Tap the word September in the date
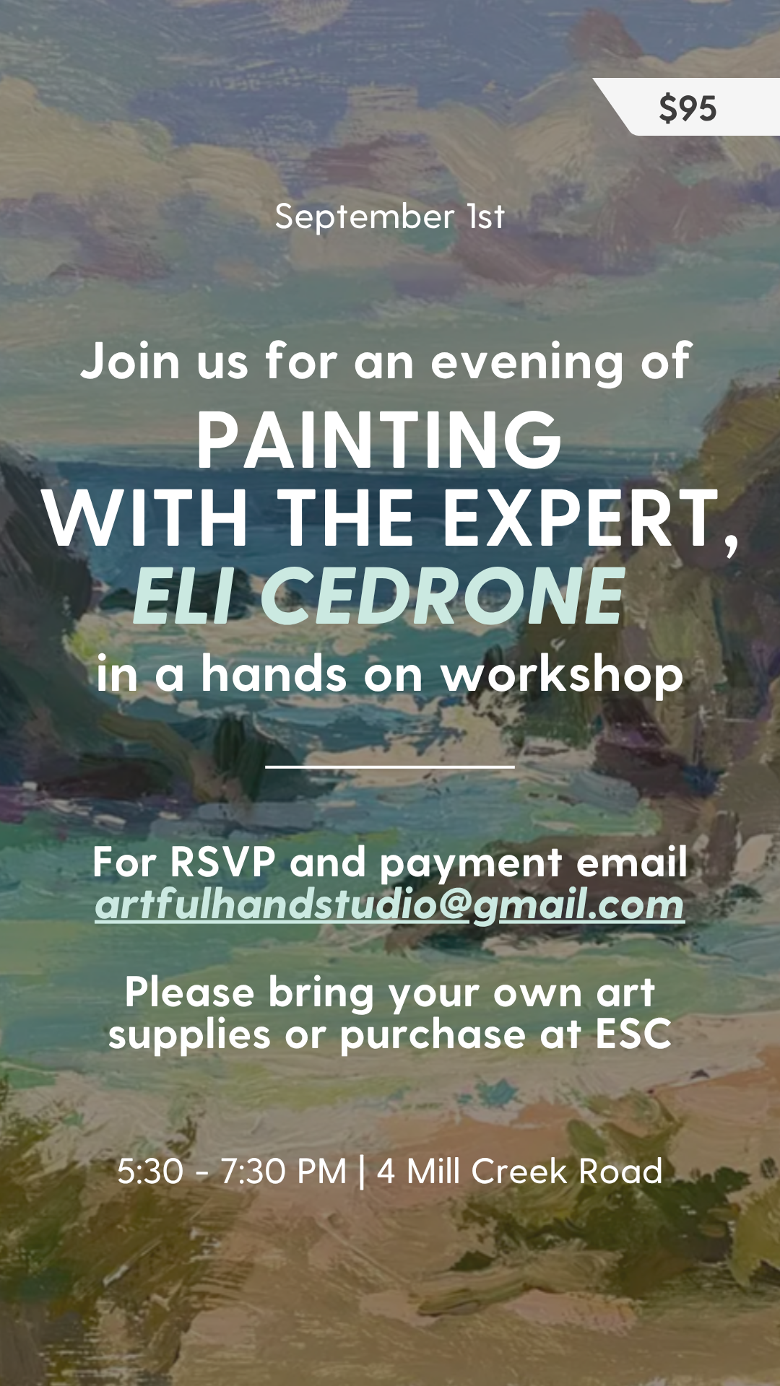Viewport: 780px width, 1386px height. pyautogui.click(x=365, y=217)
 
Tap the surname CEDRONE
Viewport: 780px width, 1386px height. pyautogui.click(x=442, y=596)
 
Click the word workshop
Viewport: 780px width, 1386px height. pyautogui.click(x=562, y=674)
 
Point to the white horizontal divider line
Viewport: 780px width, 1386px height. pyautogui.click(x=390, y=766)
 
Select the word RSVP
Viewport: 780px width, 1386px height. pyautogui.click(x=223, y=862)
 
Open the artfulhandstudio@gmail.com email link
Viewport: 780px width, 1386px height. pyautogui.click(x=390, y=905)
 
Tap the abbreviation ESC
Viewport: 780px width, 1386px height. pyautogui.click(x=633, y=1034)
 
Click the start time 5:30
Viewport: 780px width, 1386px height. pyautogui.click(x=150, y=1171)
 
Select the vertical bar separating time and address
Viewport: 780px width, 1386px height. pyautogui.click(x=362, y=1172)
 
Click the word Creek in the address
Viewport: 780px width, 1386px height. pyautogui.click(x=519, y=1171)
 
